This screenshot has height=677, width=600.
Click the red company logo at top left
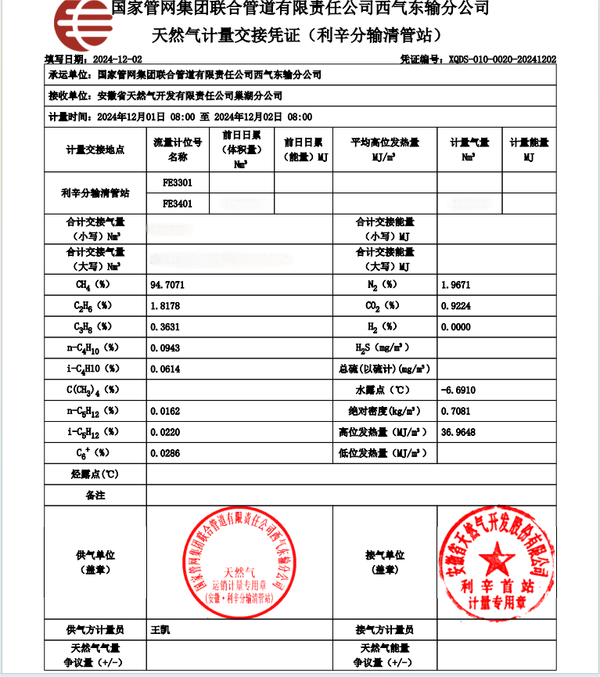[82, 23]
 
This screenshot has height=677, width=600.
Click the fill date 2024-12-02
[118, 59]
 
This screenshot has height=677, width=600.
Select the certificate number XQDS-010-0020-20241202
[501, 59]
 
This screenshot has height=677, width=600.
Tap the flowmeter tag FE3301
[178, 182]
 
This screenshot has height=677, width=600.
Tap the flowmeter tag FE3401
[178, 203]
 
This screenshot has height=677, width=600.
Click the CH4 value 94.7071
[167, 285]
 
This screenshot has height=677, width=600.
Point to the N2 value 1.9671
[456, 285]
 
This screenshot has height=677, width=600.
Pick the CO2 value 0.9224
[456, 305]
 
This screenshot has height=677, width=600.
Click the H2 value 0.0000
[456, 326]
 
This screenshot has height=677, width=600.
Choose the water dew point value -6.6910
[458, 390]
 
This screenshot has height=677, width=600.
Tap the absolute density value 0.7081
[456, 410]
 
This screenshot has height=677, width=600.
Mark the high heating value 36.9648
[458, 431]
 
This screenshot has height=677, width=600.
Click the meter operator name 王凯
[160, 629]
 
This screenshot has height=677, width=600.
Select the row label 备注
[95, 495]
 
